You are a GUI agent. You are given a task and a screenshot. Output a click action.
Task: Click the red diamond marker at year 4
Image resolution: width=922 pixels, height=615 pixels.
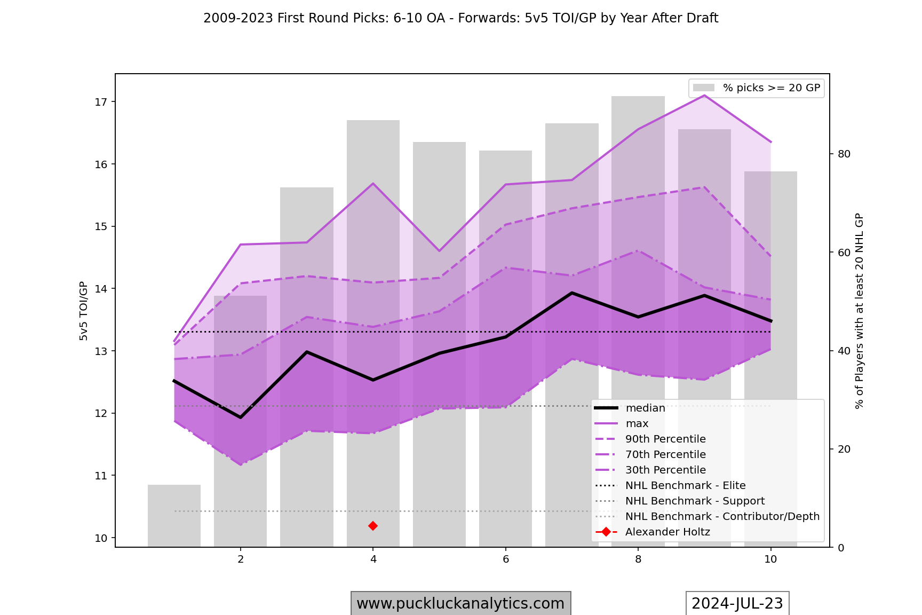373,526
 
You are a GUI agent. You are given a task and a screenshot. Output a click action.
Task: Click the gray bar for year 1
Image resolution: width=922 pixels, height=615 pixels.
174,516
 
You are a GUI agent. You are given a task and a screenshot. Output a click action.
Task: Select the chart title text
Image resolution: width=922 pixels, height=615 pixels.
460,18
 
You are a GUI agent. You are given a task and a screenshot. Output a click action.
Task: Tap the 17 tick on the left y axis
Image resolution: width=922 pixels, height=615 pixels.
101,102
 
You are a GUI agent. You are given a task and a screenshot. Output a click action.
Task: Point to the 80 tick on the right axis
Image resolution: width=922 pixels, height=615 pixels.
844,154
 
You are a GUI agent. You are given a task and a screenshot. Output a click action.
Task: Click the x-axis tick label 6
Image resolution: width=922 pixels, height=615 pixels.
505,559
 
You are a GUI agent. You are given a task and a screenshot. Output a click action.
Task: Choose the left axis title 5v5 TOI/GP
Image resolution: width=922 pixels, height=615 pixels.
84,311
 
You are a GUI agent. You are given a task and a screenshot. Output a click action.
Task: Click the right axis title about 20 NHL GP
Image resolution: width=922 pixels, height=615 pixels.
859,311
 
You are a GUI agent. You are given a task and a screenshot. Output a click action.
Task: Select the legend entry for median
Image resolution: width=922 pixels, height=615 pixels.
645,408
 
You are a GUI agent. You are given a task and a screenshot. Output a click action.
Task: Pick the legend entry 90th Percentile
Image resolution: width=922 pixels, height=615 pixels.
665,439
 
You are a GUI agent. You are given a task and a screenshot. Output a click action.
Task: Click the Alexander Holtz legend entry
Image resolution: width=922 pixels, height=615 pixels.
667,532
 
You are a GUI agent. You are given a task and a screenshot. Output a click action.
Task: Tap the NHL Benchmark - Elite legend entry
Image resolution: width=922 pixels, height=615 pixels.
685,486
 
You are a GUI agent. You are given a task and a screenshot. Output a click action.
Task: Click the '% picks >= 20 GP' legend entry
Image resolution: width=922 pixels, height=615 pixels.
771,88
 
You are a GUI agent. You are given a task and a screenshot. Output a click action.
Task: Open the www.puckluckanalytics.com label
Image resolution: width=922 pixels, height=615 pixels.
460,603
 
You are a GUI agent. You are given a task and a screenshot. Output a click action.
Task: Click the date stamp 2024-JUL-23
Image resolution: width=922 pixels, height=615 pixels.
737,603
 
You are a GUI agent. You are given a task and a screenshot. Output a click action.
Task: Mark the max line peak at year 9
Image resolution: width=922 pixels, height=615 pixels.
704,96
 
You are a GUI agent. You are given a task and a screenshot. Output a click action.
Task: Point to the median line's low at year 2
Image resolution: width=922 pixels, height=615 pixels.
241,417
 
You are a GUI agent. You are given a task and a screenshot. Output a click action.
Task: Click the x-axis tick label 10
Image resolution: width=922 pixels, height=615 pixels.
770,559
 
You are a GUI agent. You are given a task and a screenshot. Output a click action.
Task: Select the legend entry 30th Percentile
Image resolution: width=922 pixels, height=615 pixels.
665,470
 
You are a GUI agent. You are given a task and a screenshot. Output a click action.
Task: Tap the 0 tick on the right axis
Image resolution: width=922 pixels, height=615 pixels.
841,548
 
